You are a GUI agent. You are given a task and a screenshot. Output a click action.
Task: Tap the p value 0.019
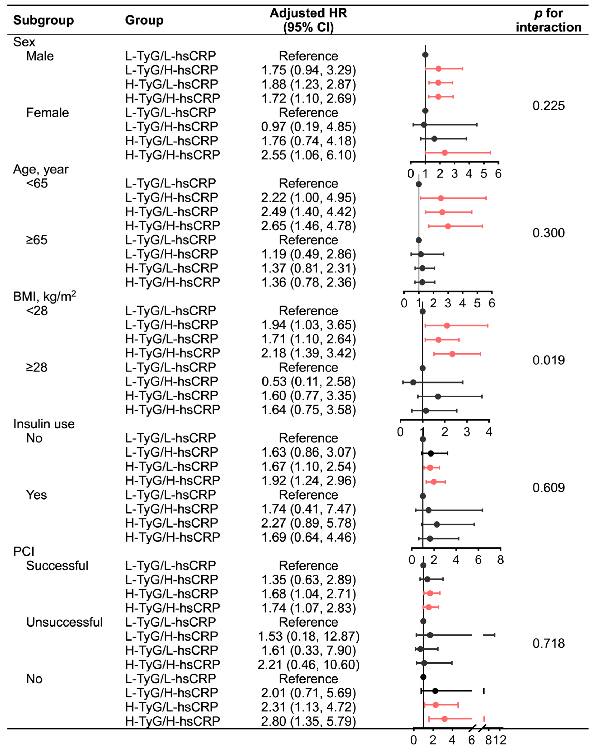click(x=548, y=360)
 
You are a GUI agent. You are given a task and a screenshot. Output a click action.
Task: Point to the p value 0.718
click(x=548, y=643)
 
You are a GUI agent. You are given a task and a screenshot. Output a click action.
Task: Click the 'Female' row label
click(x=48, y=113)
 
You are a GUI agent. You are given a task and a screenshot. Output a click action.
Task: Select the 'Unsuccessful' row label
click(x=64, y=622)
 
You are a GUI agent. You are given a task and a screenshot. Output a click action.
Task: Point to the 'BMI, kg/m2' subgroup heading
click(x=44, y=296)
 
